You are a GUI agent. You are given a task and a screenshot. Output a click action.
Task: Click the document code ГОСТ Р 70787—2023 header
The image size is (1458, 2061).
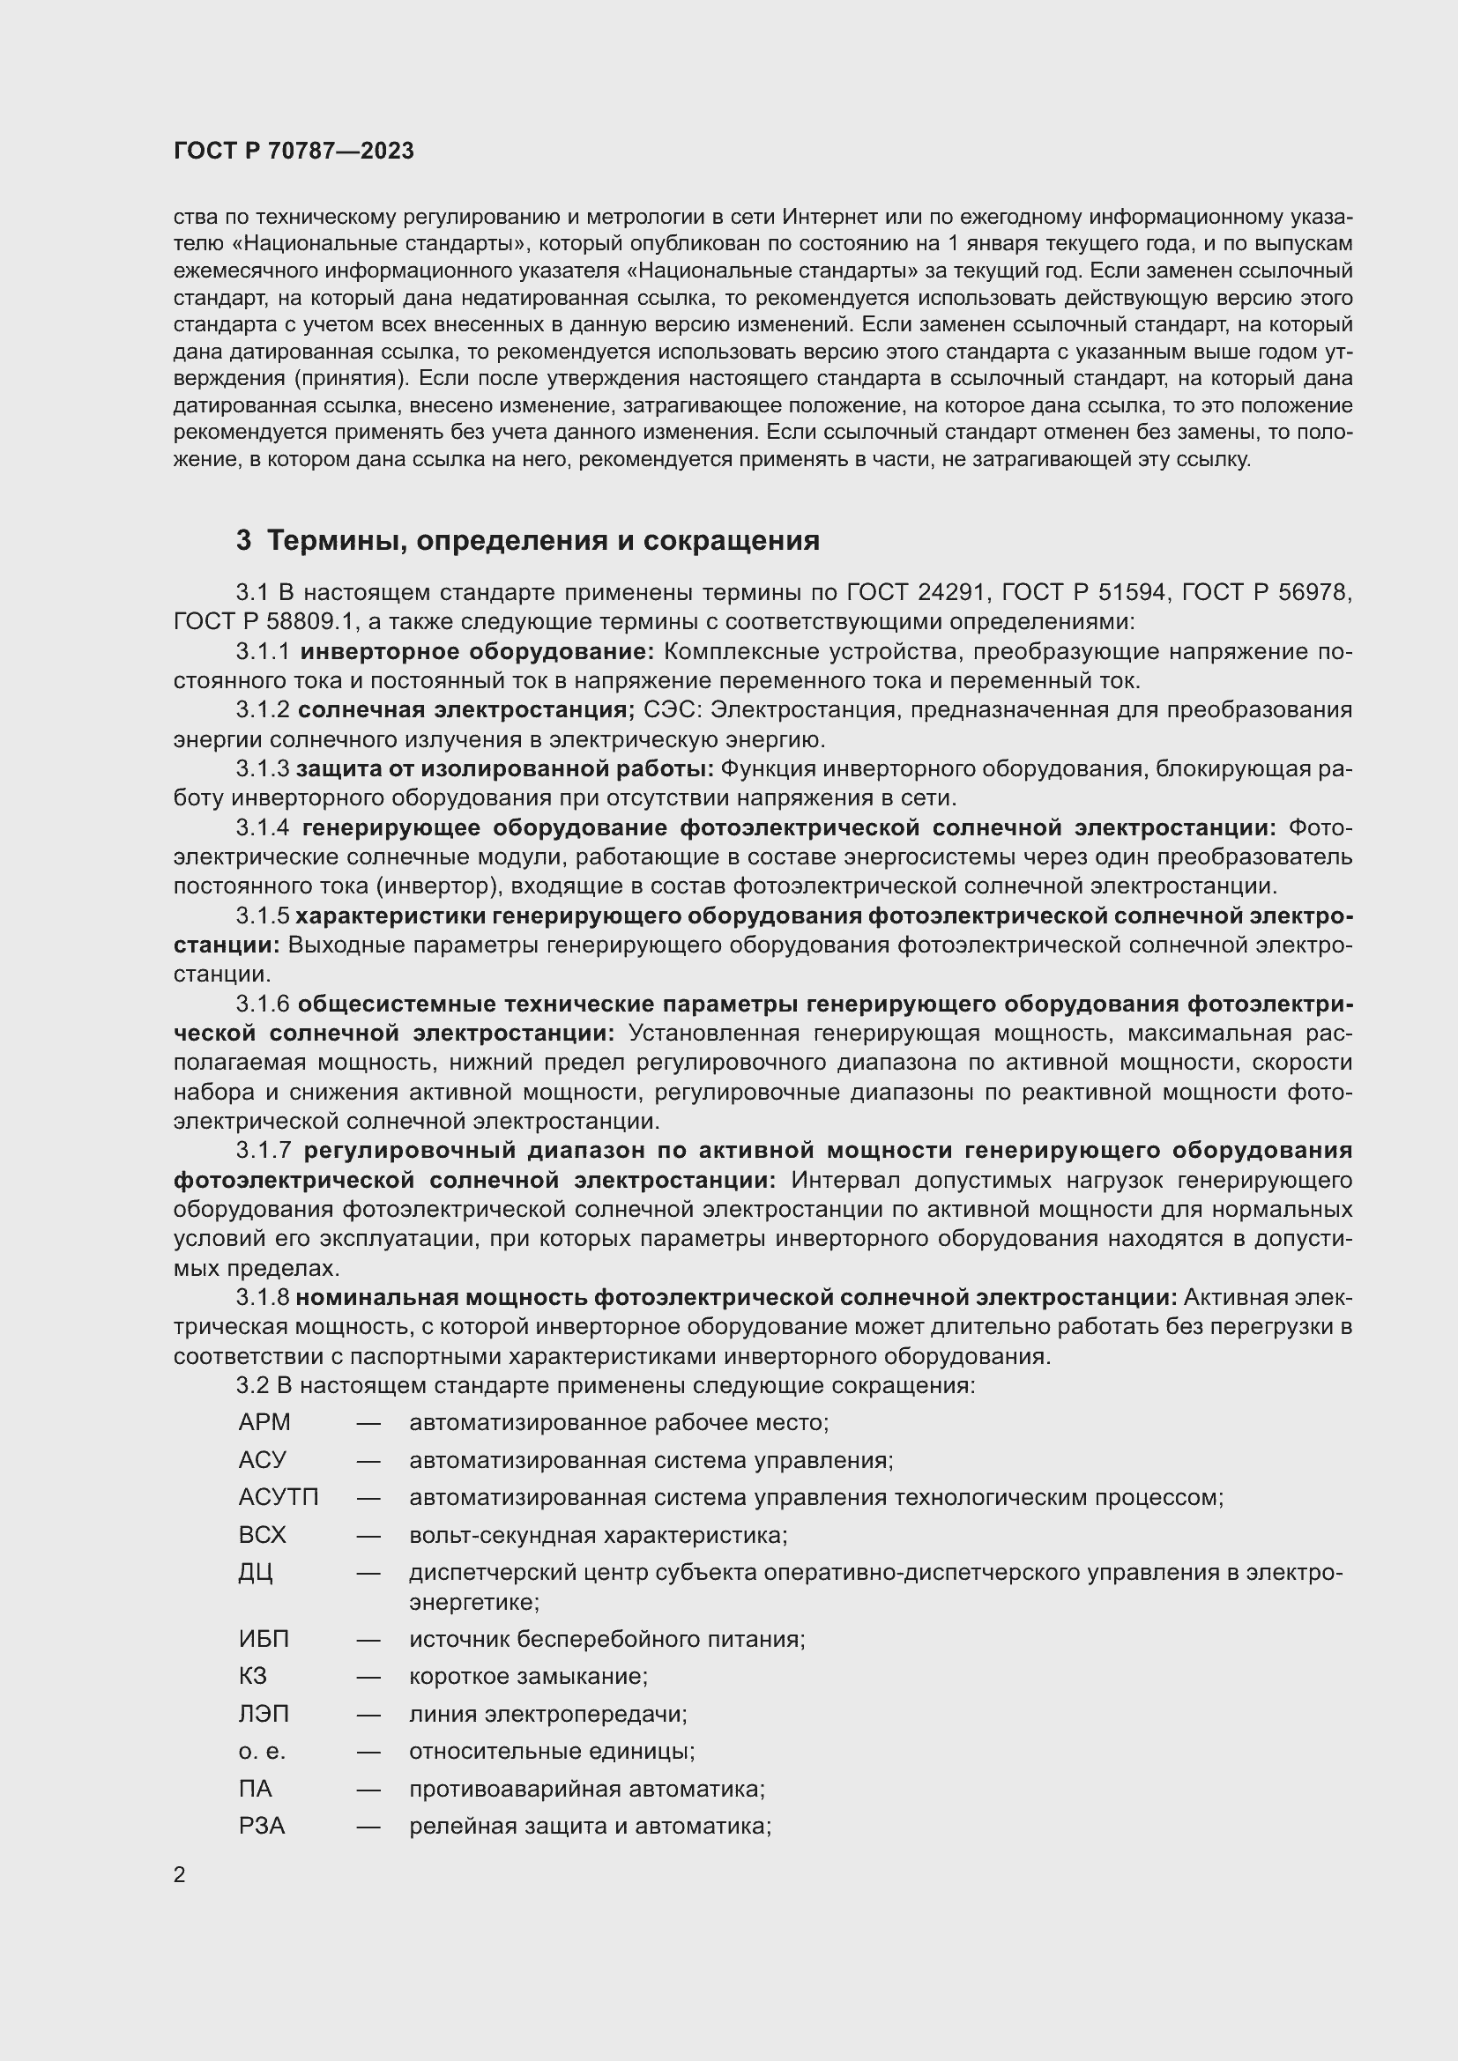tap(294, 151)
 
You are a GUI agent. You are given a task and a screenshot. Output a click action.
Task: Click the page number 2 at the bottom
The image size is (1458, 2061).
tap(180, 1874)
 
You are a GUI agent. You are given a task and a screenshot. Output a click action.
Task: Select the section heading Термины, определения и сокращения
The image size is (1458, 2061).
tap(542, 540)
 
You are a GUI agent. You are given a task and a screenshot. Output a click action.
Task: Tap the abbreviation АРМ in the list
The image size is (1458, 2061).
tap(264, 1423)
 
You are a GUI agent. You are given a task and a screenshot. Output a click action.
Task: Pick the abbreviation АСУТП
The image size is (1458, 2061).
tap(279, 1497)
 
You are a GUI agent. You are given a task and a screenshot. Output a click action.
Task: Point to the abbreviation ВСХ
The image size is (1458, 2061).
tap(262, 1535)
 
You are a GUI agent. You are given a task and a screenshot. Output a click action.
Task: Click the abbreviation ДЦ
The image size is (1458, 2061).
tap(256, 1573)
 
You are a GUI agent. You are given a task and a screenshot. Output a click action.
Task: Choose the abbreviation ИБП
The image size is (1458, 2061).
tap(264, 1639)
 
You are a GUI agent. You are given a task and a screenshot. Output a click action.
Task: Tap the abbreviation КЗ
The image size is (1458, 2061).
tap(253, 1676)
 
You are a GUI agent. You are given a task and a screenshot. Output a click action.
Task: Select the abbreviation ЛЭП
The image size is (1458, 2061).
tap(264, 1714)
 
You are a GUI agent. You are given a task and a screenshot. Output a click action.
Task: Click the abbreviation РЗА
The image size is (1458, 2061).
tap(262, 1826)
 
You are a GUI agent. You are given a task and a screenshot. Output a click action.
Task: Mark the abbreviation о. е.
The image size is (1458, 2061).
tap(262, 1752)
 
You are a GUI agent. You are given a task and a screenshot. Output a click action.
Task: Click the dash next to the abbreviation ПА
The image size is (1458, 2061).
tap(368, 1789)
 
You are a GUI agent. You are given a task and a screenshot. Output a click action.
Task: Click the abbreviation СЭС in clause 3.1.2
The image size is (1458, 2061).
tap(671, 710)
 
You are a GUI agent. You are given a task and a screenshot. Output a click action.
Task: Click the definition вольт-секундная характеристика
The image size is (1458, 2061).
tap(598, 1535)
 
